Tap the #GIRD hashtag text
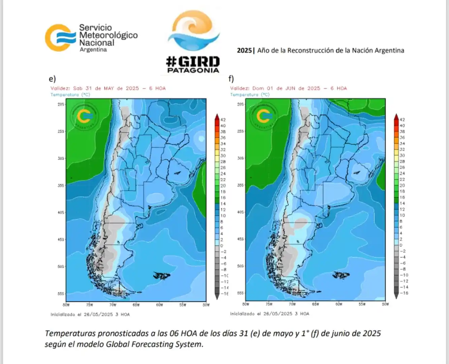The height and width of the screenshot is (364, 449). (193, 62)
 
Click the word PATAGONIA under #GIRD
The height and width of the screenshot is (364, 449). (193, 70)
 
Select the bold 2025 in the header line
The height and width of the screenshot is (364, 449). (244, 51)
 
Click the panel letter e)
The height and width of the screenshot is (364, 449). (52, 79)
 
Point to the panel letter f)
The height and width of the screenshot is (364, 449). (231, 79)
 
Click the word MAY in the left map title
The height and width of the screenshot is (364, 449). (109, 88)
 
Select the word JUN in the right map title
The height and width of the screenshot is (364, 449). (290, 88)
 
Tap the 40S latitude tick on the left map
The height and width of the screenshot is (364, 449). (61, 213)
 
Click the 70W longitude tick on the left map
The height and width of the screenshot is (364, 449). (113, 305)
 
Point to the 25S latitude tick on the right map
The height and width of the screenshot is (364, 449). (240, 131)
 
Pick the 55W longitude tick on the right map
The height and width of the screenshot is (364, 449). (362, 304)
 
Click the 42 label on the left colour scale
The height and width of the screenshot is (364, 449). (223, 120)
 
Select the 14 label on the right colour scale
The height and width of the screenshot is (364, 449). (402, 204)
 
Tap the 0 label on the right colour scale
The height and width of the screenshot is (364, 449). (401, 245)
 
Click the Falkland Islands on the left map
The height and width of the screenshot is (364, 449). (162, 276)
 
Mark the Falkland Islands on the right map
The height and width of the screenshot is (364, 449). (341, 275)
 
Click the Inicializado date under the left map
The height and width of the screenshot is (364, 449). (98, 314)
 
